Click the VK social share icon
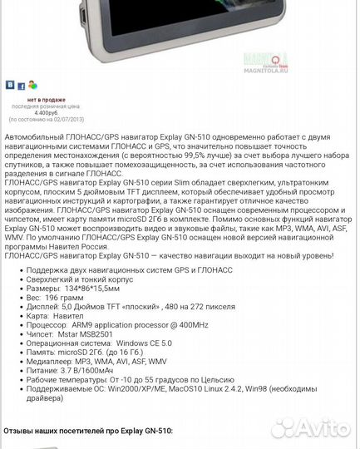tap(10, 85)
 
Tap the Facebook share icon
tap(21, 85)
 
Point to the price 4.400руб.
tap(46, 111)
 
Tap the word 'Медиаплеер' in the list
tap(51, 359)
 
